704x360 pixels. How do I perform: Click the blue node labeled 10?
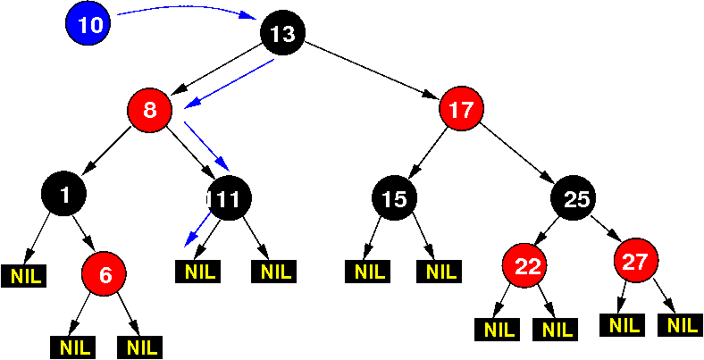click(x=88, y=23)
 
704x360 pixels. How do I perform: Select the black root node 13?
click(x=283, y=33)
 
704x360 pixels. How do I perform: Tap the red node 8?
click(x=150, y=110)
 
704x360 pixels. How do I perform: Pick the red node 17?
click(x=461, y=109)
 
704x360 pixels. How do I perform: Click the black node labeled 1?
click(x=63, y=194)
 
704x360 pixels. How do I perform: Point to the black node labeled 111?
click(x=230, y=197)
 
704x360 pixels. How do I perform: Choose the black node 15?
click(x=394, y=197)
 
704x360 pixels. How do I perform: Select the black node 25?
click(x=574, y=197)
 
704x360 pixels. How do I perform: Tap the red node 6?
click(x=104, y=273)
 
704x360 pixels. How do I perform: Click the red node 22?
click(x=524, y=264)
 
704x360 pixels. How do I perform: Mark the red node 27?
click(x=636, y=260)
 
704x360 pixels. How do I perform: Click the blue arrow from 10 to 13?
click(x=187, y=8)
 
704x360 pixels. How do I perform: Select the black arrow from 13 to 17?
click(x=372, y=70)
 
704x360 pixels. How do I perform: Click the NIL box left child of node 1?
click(x=23, y=276)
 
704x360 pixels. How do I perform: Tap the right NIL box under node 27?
click(x=680, y=325)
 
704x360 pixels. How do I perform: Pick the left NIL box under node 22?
click(x=498, y=330)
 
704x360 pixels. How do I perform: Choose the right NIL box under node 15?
click(x=439, y=272)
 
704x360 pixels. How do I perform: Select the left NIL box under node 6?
click(x=72, y=347)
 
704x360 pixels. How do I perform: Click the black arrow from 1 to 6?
click(x=83, y=233)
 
